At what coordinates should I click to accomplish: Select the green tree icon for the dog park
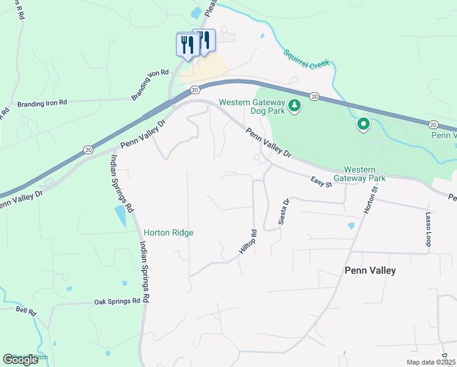click(294, 106)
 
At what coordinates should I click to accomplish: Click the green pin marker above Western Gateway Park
click(363, 125)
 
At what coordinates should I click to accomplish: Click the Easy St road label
click(321, 181)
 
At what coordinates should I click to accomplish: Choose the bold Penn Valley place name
click(370, 270)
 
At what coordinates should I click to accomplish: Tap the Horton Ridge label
click(169, 232)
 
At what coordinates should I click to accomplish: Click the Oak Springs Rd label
click(117, 302)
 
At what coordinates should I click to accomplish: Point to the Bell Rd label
click(26, 312)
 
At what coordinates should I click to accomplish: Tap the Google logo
click(20, 359)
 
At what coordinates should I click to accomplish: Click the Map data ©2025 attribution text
click(430, 362)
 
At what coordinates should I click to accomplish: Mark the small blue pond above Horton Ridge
click(120, 216)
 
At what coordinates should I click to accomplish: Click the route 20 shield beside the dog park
click(314, 96)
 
